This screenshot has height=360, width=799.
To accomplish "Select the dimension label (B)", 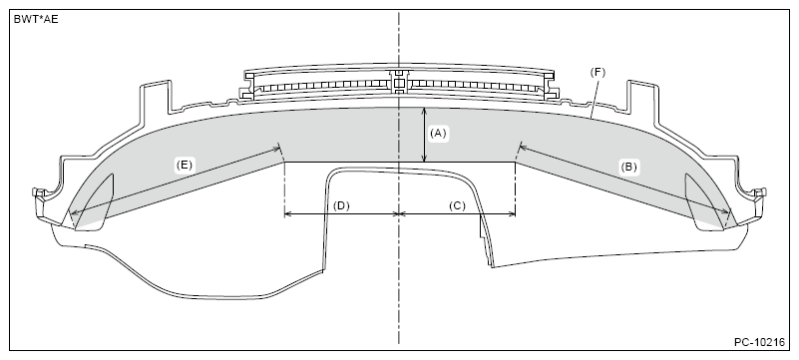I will pos(628,168).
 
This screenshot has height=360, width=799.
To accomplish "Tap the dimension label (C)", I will pos(457,205).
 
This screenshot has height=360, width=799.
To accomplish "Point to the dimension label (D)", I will pos(341,205).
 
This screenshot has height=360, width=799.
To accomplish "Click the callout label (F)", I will pos(599,73).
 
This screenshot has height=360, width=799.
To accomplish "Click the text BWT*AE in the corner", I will pos(36,18).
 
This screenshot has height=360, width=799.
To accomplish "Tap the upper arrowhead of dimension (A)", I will pos(426,110).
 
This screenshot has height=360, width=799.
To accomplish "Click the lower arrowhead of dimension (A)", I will pos(426,159).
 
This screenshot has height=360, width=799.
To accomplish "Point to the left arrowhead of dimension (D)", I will pos(288,213).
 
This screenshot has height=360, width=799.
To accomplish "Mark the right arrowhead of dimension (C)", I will pos(512,213).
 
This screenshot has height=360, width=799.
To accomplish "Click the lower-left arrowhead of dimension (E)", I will pos(71,216).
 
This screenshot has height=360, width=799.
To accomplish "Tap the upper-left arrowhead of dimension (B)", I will pos(521,148).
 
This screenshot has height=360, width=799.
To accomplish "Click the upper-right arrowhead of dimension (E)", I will pos(276,150).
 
